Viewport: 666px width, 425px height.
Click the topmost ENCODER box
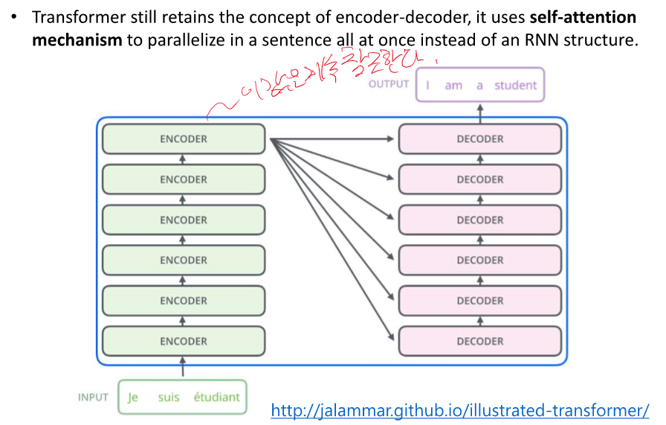[184, 139]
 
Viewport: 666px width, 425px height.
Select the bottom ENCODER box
[184, 342]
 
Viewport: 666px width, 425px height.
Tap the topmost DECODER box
[480, 139]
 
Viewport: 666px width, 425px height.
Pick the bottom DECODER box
[480, 342]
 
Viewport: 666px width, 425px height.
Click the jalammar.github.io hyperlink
[460, 410]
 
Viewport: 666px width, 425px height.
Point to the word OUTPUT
[389, 84]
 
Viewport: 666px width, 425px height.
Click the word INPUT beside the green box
[94, 397]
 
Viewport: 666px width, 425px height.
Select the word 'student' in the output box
[515, 86]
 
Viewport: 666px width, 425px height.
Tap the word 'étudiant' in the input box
[216, 397]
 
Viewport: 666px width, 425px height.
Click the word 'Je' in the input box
[133, 397]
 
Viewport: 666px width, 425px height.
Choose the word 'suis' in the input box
[169, 397]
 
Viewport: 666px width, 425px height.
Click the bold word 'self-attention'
[583, 16]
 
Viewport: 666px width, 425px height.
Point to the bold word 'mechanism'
[77, 39]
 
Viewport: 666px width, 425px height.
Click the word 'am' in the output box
[453, 86]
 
